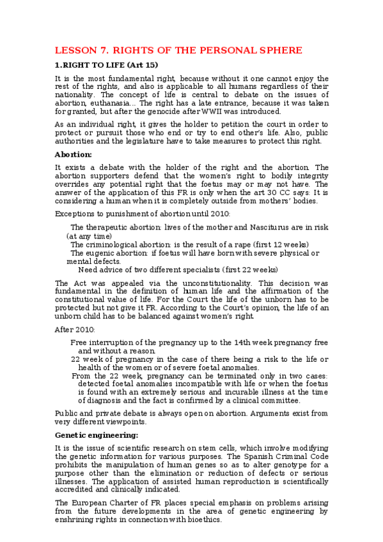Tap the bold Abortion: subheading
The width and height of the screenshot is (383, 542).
tap(74, 155)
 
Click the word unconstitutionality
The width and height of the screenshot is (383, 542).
tap(199, 283)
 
